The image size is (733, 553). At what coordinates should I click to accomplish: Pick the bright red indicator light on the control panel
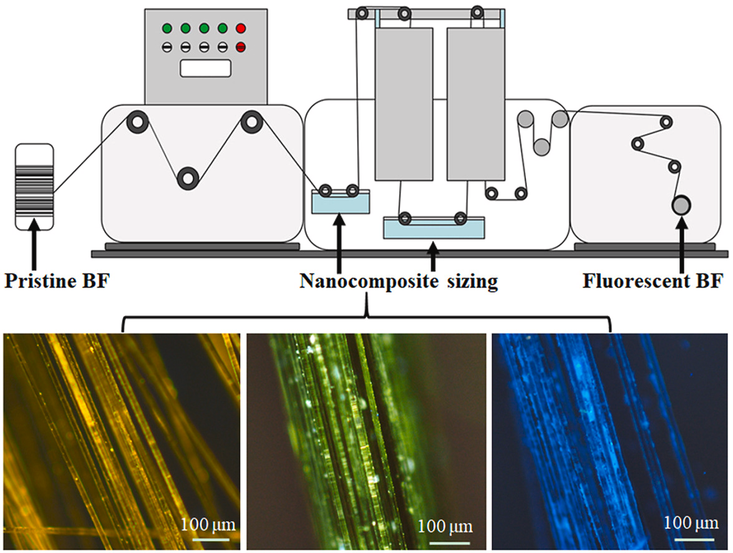[241, 29]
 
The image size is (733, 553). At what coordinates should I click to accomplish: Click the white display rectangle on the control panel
[206, 68]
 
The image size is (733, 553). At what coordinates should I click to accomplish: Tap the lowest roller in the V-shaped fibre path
[188, 178]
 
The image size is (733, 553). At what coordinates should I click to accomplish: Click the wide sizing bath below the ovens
[434, 228]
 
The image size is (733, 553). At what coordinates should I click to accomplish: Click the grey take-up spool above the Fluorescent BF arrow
[681, 204]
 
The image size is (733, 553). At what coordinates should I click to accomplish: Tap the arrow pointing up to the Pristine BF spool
[34, 247]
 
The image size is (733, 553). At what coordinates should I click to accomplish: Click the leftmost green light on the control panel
[167, 29]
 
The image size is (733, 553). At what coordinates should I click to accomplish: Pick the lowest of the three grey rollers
[541, 146]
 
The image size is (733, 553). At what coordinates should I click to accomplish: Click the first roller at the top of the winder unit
[666, 122]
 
